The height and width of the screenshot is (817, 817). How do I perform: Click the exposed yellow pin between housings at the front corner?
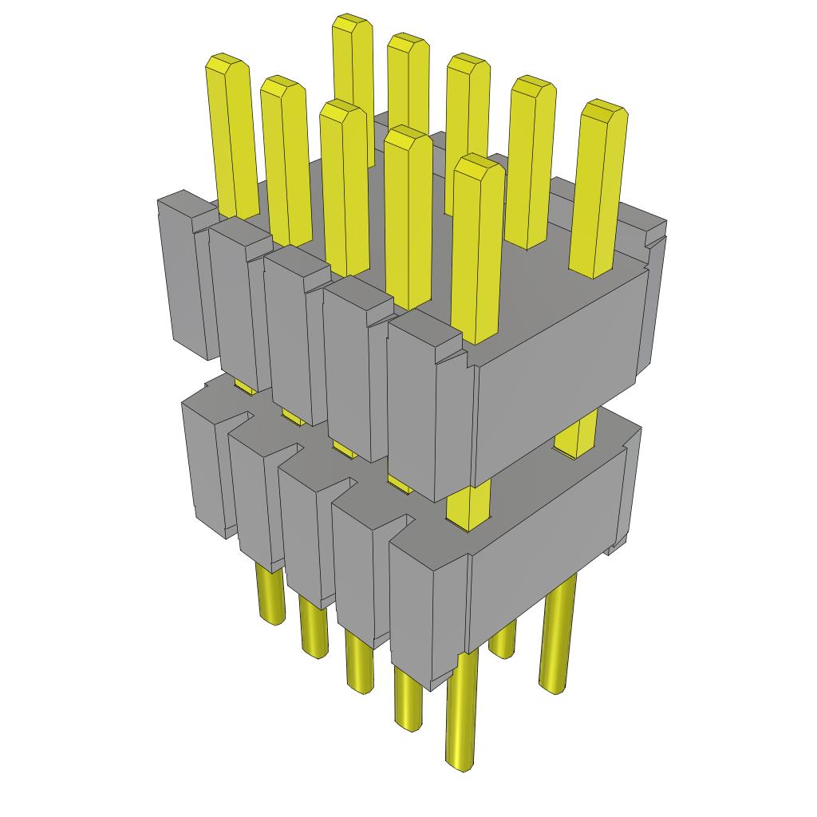click(469, 503)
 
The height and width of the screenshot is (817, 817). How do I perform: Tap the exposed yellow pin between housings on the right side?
click(576, 435)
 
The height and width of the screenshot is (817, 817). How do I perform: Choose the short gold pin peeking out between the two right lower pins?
click(502, 642)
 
